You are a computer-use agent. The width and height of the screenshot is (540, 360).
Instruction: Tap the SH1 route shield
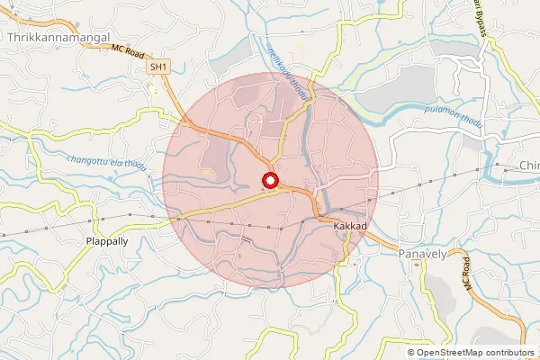(x=159, y=67)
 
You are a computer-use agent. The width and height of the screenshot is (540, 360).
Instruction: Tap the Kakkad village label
(x=348, y=228)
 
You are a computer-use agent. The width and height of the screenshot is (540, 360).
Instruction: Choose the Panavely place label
(x=422, y=255)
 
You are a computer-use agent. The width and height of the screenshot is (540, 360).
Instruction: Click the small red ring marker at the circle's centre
(x=269, y=181)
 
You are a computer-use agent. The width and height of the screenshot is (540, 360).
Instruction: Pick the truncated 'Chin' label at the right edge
(x=528, y=166)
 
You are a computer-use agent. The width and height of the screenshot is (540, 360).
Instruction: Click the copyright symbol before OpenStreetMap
(x=411, y=352)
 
